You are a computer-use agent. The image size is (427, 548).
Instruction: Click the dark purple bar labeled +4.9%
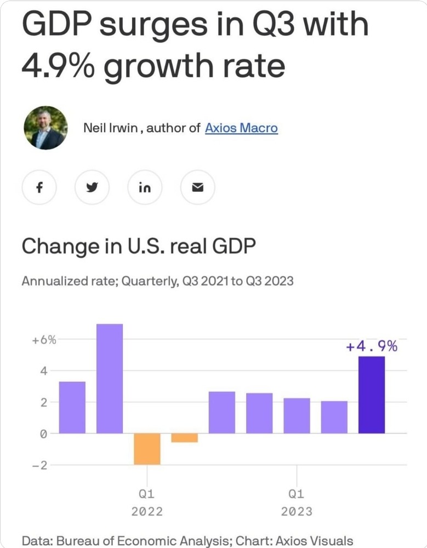371,395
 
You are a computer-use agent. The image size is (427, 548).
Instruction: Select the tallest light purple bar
110,378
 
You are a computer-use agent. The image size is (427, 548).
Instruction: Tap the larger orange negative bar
147,449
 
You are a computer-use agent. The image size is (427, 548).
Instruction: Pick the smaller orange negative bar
184,438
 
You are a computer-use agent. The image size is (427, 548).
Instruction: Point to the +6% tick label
43,340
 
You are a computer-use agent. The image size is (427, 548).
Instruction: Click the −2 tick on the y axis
43,465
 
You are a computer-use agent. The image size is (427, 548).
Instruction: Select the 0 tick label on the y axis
45,433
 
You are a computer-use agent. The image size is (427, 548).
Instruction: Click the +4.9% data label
371,346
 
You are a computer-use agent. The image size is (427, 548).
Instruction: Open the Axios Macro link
241,128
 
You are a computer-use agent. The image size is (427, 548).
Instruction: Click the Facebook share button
39,187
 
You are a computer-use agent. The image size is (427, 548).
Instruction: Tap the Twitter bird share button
92,187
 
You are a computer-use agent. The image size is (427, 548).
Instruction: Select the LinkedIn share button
145,187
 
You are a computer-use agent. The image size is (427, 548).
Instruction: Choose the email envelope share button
198,187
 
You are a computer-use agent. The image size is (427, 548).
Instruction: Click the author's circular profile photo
45,128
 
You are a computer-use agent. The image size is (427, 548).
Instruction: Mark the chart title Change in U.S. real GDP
139,247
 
